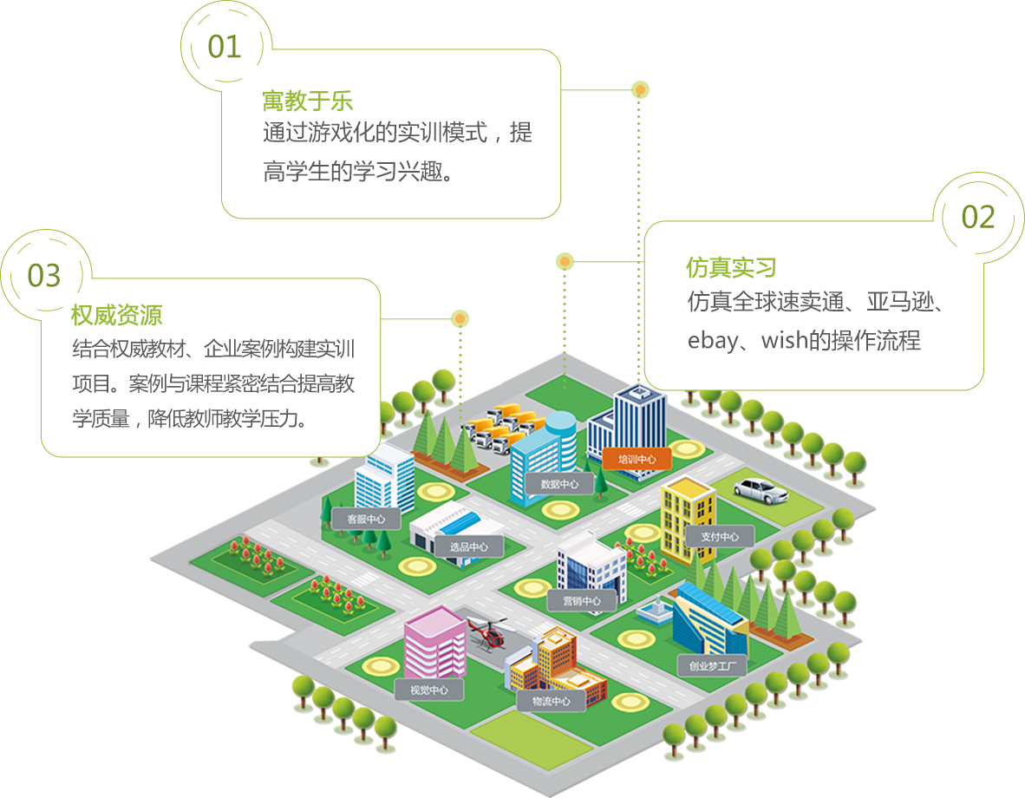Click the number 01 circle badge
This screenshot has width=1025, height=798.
click(x=225, y=46)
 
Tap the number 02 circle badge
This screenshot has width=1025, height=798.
click(x=978, y=216)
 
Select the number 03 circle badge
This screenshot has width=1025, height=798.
click(x=44, y=275)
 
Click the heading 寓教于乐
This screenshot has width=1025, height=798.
click(x=308, y=101)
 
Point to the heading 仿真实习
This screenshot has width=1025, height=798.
click(x=731, y=267)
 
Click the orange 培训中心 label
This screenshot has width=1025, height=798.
click(x=637, y=459)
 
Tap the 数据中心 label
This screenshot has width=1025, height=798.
click(x=559, y=484)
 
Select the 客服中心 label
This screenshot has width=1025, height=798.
click(x=366, y=520)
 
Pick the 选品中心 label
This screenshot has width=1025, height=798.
click(x=468, y=547)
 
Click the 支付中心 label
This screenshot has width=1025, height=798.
click(x=720, y=537)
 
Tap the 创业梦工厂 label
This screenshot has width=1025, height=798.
click(x=712, y=666)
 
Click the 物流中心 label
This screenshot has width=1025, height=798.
click(x=551, y=701)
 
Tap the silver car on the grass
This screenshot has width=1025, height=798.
click(x=761, y=490)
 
